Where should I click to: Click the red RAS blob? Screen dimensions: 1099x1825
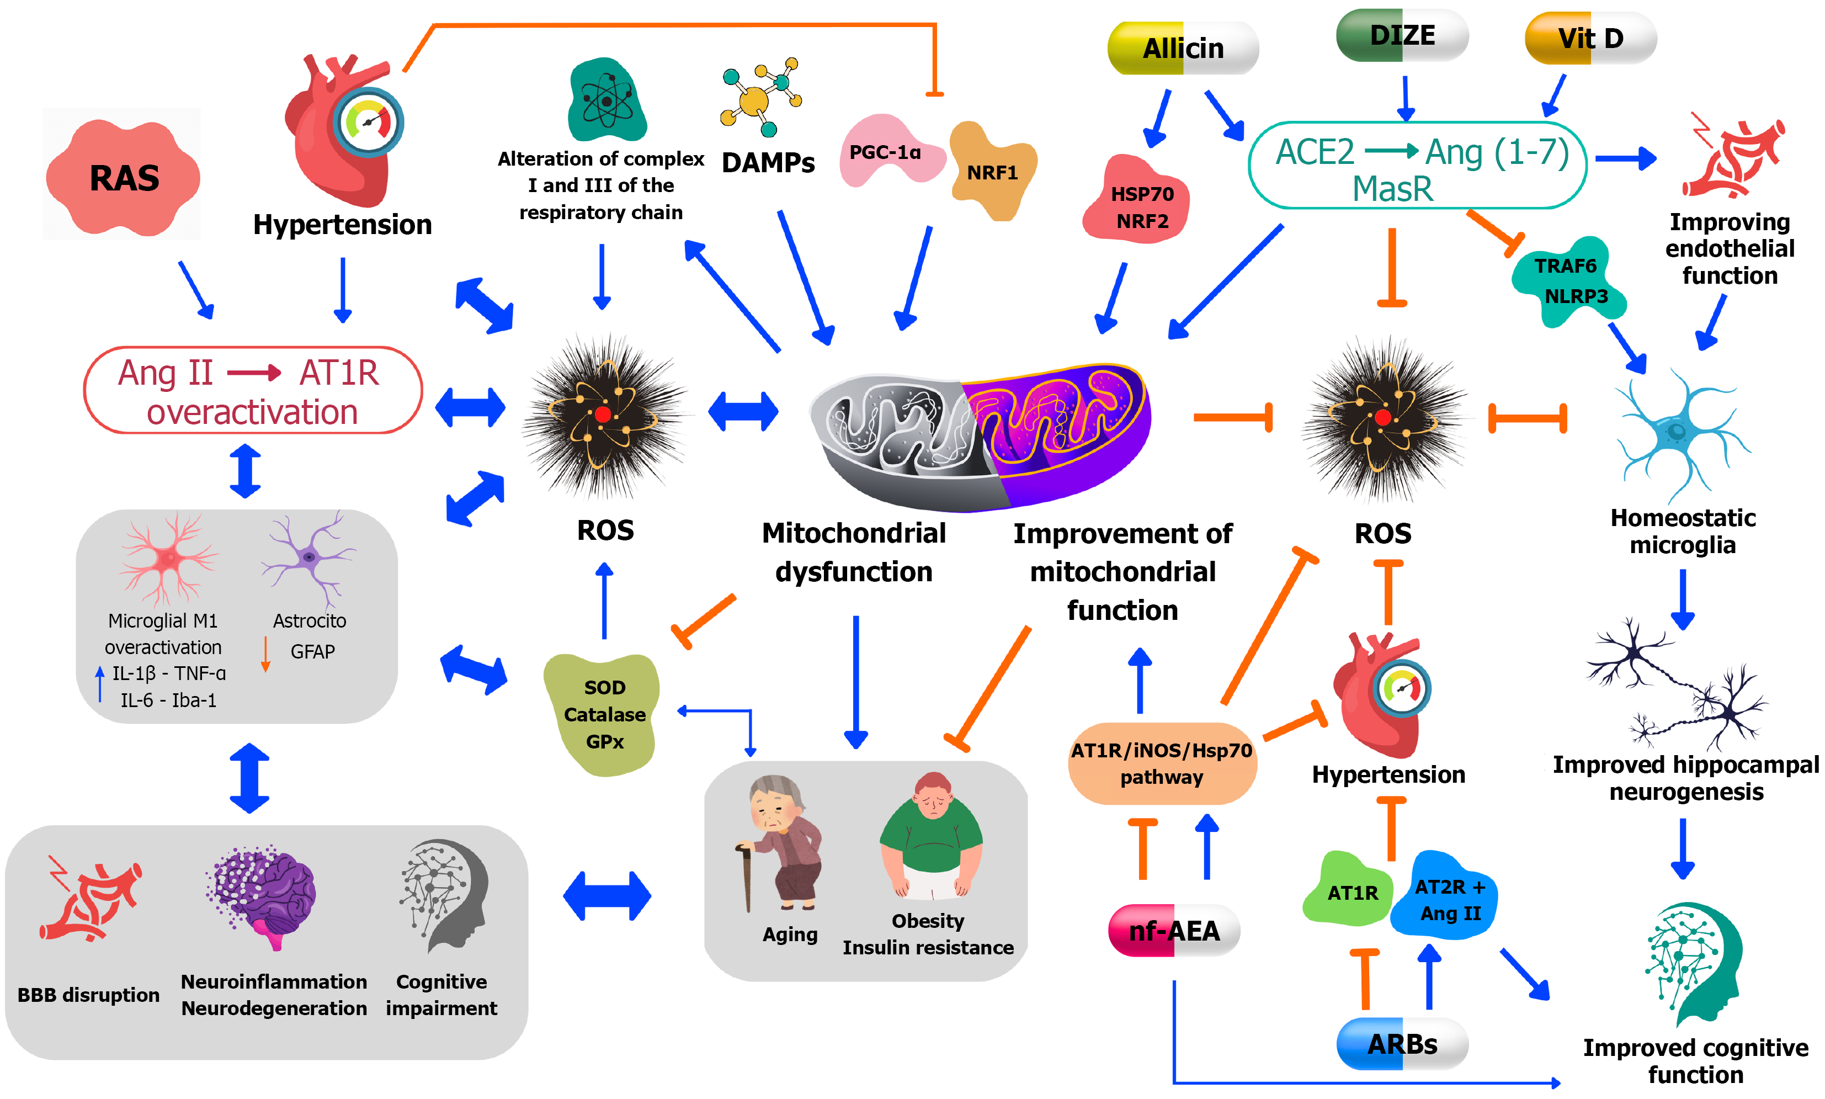123,177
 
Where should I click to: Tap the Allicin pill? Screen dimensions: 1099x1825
1183,48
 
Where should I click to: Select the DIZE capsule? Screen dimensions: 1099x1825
1402,35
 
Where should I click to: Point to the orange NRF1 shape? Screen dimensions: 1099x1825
992,171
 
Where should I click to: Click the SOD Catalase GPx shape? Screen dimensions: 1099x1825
603,713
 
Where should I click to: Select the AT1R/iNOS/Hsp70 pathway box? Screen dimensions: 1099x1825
1161,763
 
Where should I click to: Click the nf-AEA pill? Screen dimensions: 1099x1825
1173,930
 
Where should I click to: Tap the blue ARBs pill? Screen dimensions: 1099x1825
1402,1043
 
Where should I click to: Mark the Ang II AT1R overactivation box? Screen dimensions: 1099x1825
252,390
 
